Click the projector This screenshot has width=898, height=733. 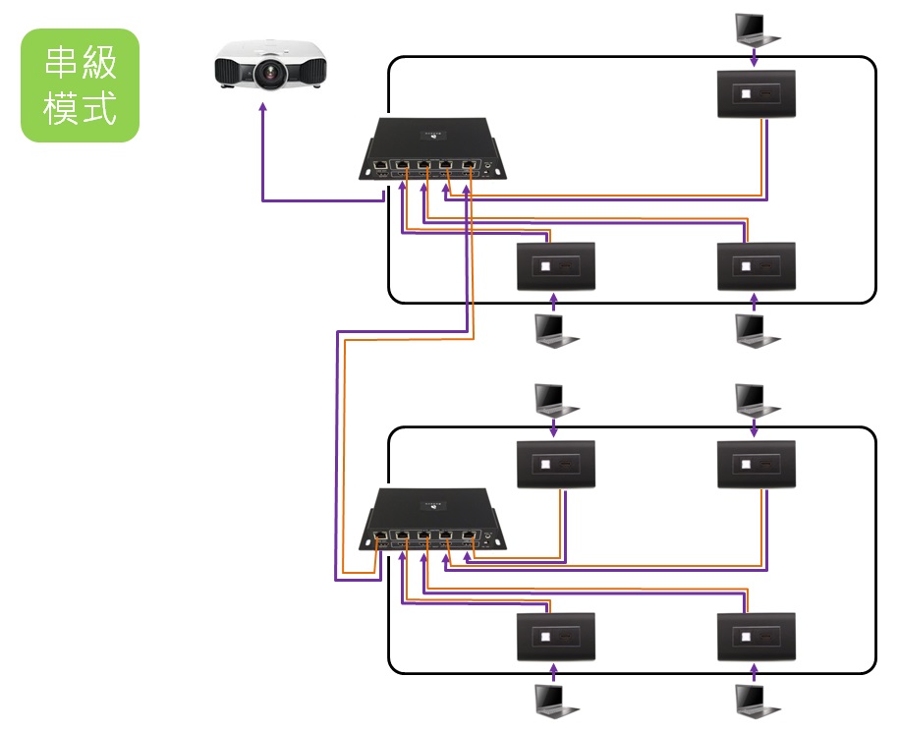pos(270,66)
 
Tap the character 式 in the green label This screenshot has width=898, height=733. pos(99,108)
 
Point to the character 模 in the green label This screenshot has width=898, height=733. pos(62,108)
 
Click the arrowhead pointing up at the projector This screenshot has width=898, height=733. pos(262,111)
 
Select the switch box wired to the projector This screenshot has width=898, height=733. pos(432,151)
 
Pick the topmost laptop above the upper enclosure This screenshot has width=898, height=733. pos(755,28)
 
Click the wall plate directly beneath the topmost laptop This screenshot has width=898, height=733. pos(755,94)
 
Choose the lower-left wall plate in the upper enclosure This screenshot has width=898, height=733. pos(556,265)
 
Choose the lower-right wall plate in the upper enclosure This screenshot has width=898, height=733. pos(755,265)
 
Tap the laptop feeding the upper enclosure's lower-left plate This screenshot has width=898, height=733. pos(556,330)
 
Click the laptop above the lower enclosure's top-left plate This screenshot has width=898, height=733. pos(556,398)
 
